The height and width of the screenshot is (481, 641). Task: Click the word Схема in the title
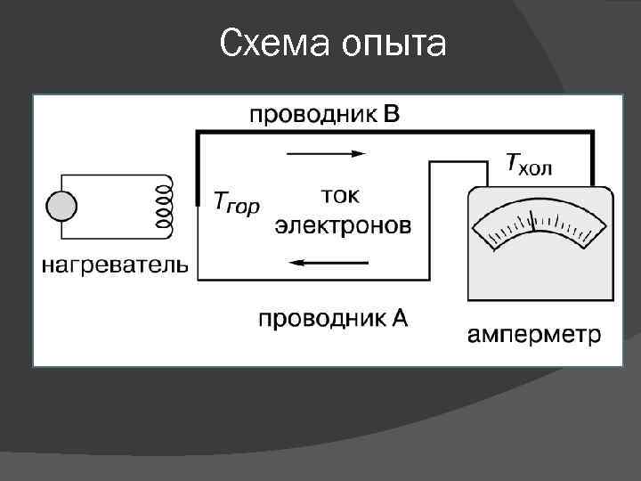point(272,43)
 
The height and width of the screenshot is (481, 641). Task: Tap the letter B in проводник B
point(393,114)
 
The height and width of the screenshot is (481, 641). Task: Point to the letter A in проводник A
point(399,316)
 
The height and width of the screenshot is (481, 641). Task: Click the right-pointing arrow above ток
point(326,153)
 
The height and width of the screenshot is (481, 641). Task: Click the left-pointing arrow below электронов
point(329,262)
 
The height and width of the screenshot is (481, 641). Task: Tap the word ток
point(340,194)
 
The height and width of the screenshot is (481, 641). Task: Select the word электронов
point(343,224)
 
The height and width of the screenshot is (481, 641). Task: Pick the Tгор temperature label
point(237,203)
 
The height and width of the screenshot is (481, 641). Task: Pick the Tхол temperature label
point(541,164)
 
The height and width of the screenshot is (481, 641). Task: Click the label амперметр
point(534,336)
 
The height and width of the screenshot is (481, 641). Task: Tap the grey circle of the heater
point(62,207)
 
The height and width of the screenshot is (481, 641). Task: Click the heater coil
point(164,207)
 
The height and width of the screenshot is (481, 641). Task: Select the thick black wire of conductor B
point(392,133)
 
